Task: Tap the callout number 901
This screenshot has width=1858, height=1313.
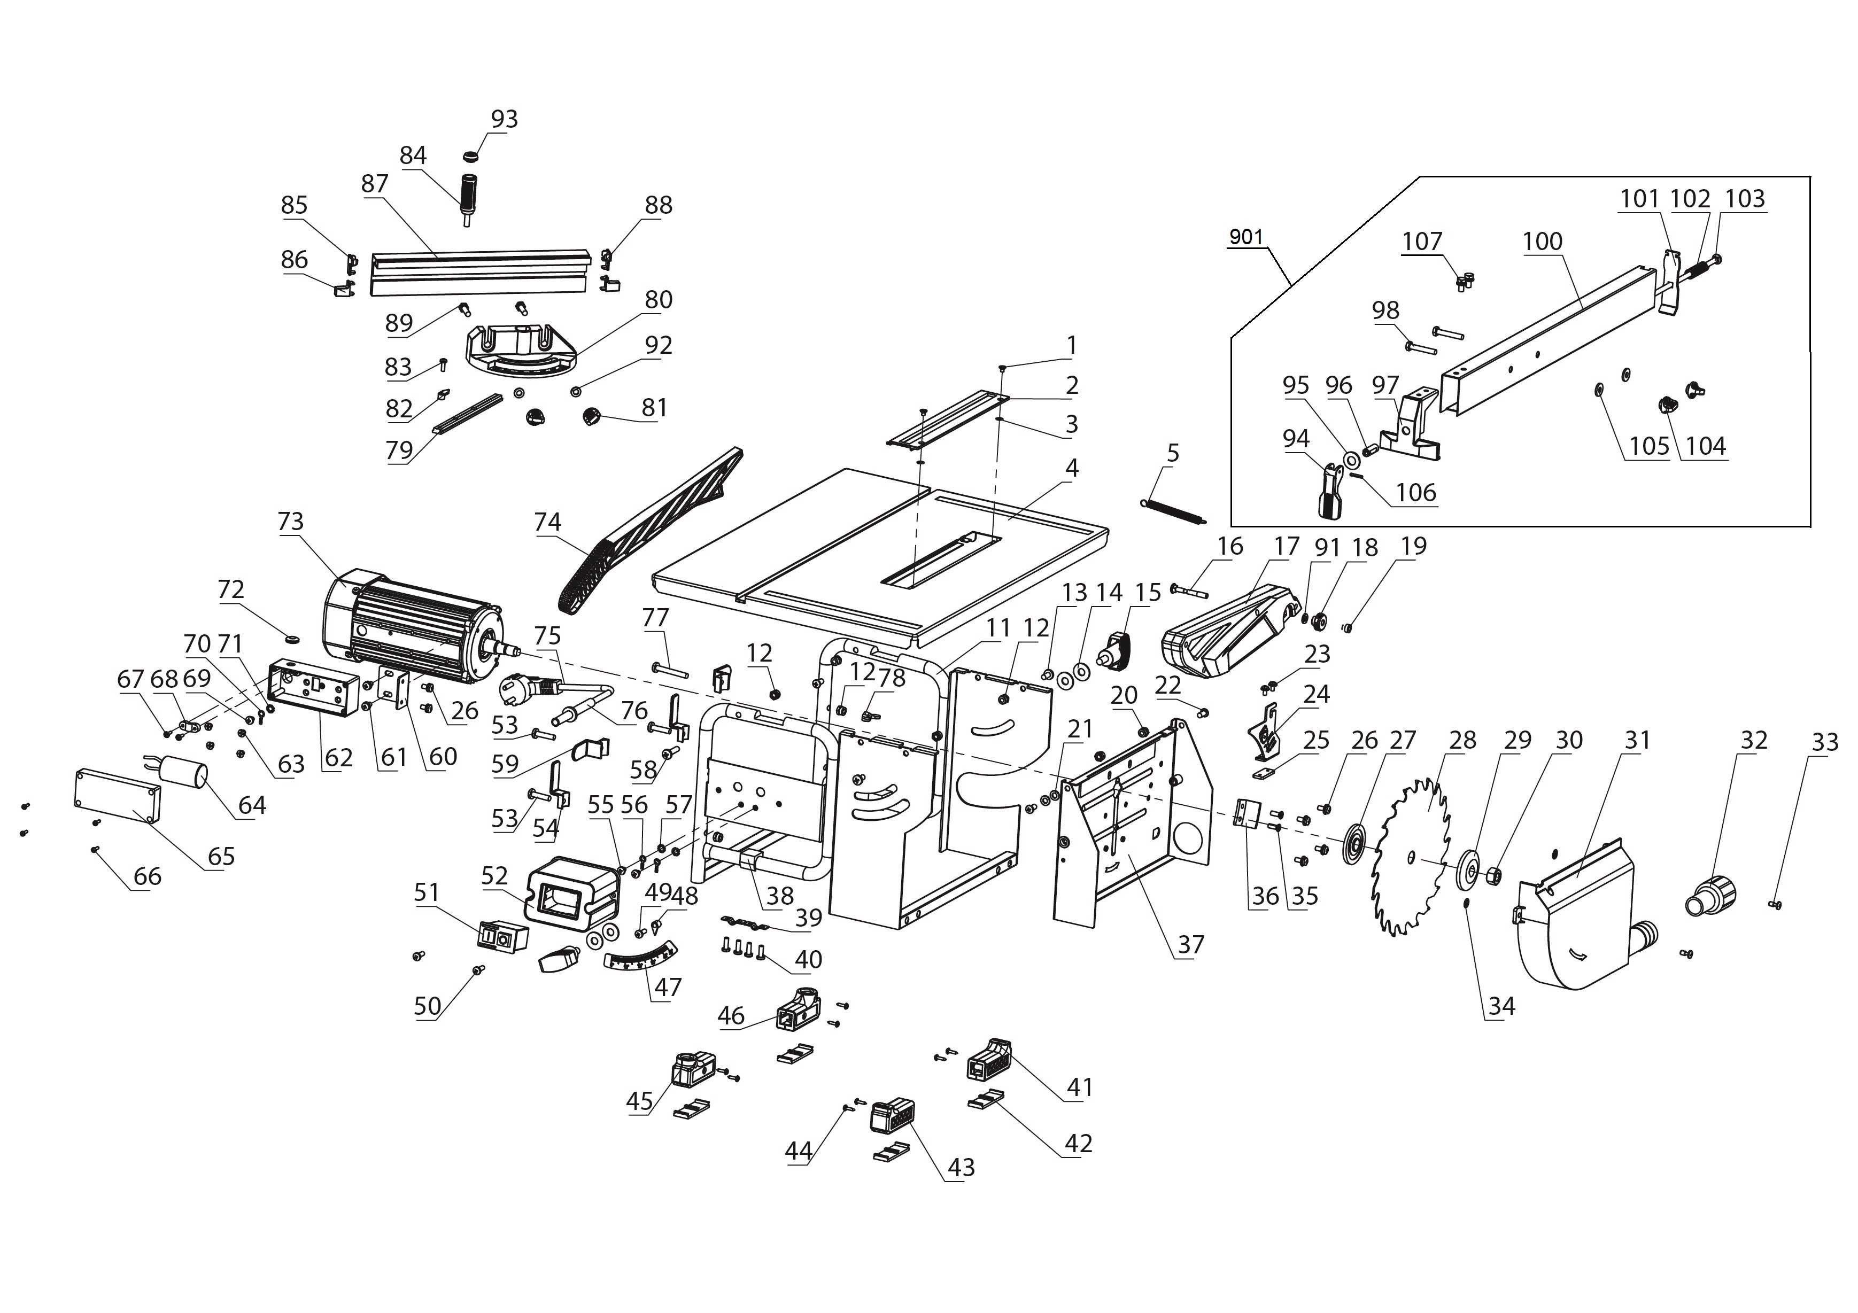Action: (1246, 237)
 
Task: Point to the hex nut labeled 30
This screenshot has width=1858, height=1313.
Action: (1494, 874)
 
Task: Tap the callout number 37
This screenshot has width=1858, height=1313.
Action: (1190, 944)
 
